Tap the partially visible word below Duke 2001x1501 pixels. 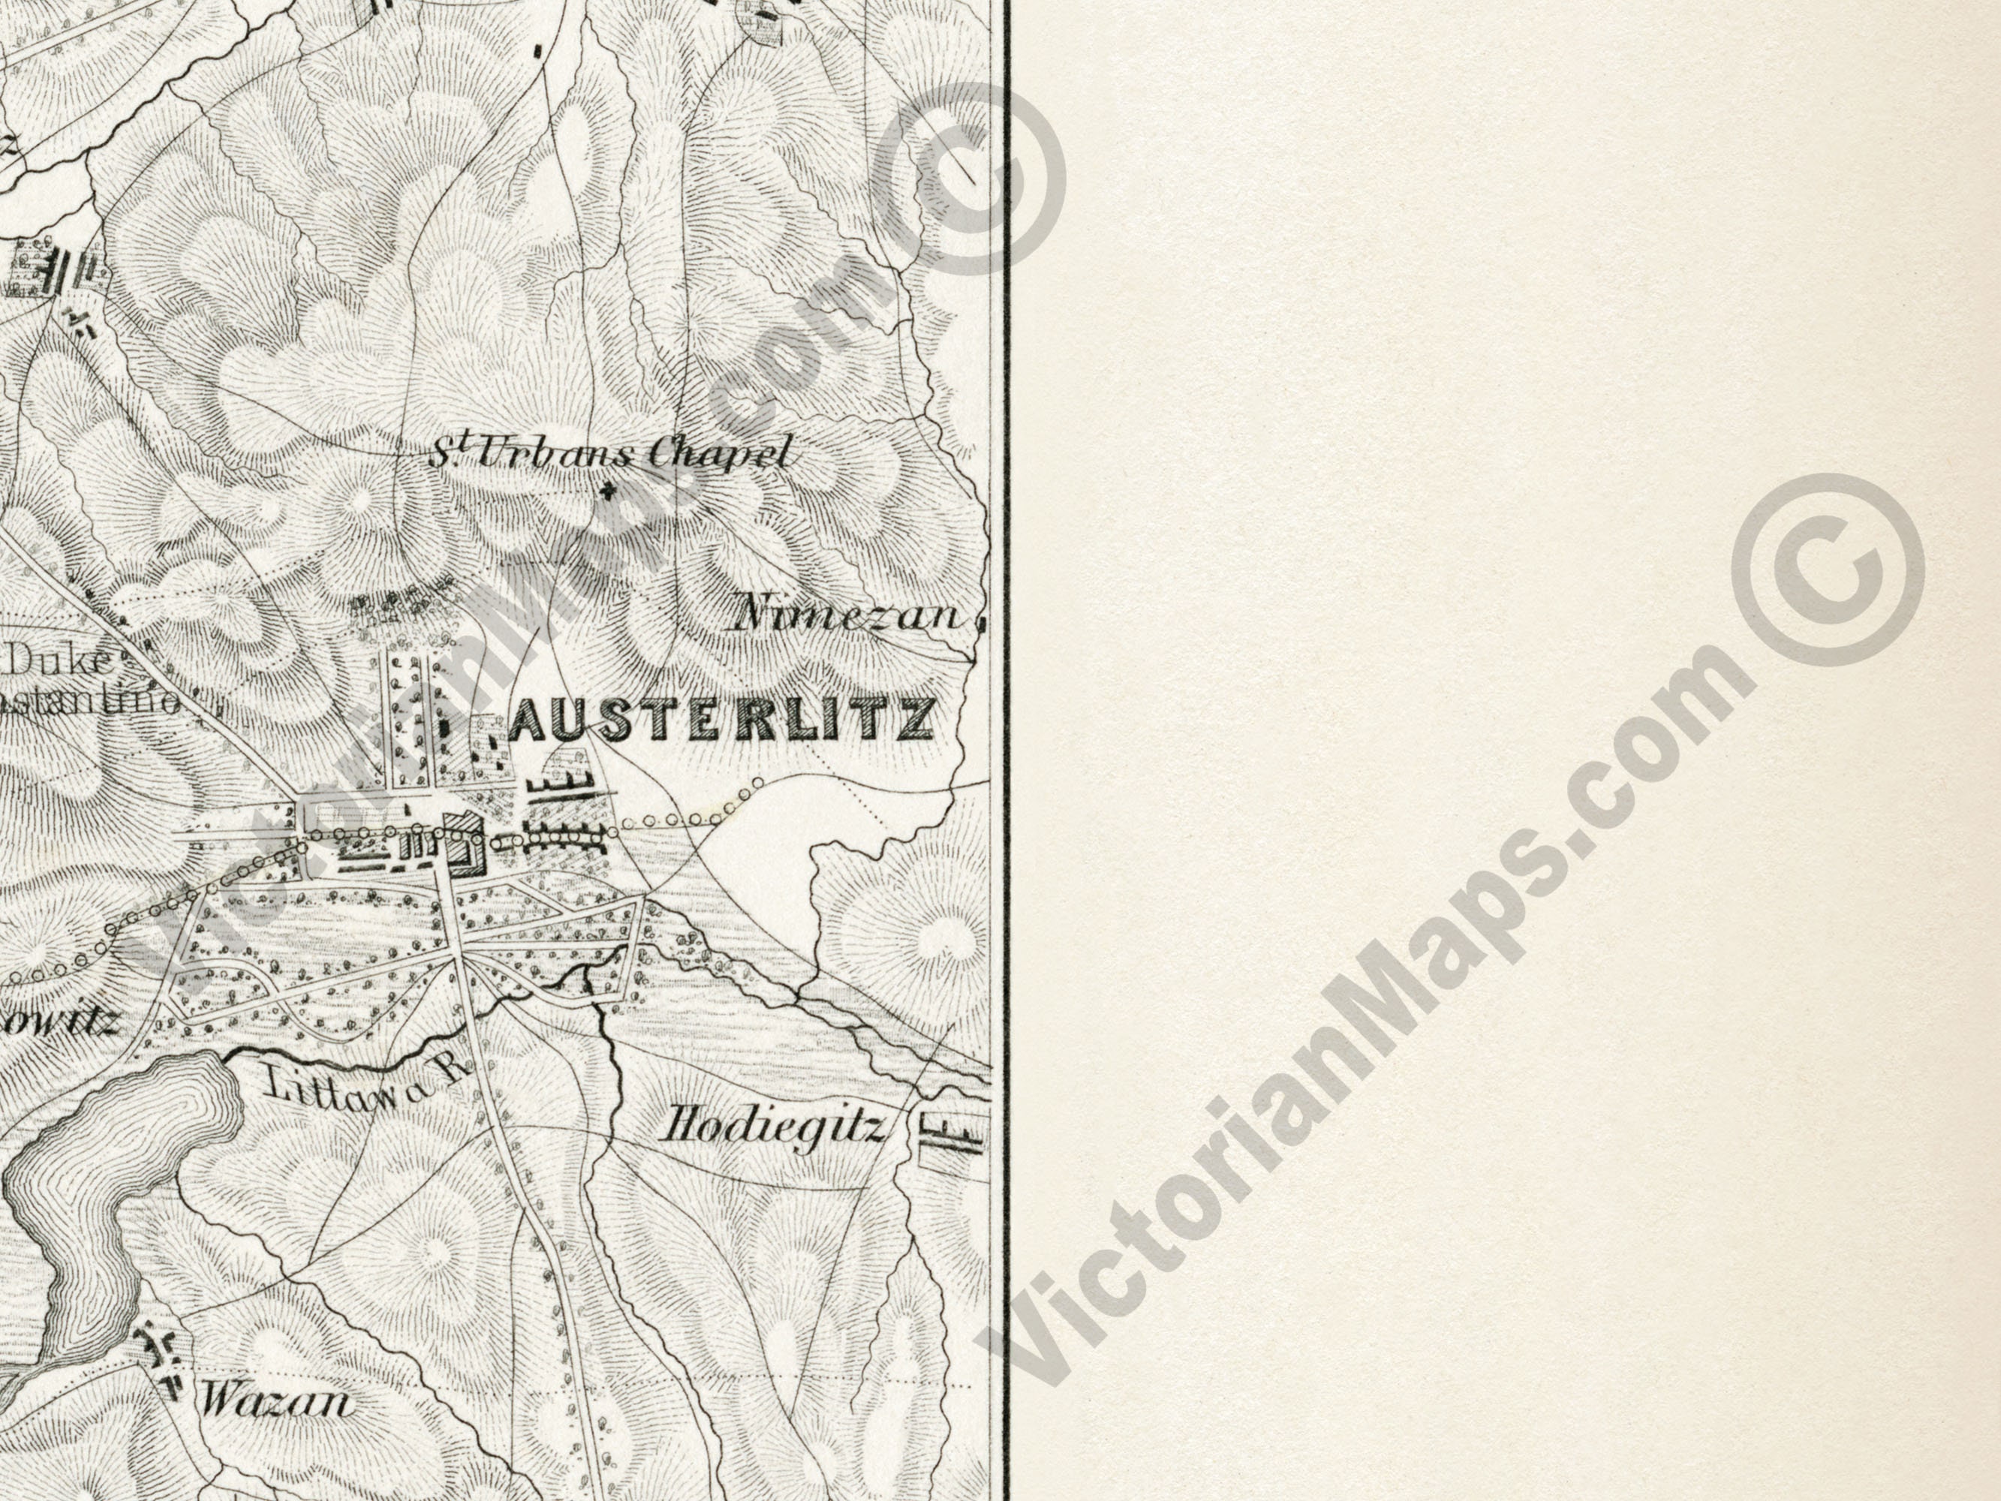pos(91,701)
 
